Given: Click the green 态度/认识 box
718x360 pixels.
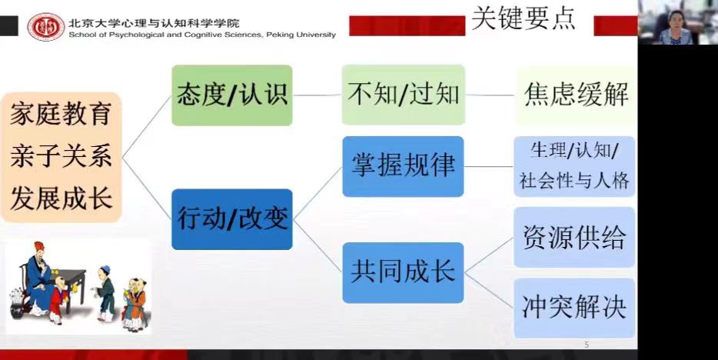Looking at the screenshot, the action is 231,95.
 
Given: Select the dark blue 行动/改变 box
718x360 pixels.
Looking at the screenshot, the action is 231,219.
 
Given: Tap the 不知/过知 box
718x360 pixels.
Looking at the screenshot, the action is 403,95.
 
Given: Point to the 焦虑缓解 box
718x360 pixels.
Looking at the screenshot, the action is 576,95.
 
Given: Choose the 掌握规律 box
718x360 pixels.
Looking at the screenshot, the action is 403,166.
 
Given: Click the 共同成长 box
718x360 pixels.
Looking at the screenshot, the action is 403,272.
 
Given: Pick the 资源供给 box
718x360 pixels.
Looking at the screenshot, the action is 574,237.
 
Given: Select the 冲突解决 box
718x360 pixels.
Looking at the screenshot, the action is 574,308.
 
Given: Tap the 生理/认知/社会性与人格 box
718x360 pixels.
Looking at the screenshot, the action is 574,166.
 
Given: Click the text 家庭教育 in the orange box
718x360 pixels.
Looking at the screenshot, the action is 61,114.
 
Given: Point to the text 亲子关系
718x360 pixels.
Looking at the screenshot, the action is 61,156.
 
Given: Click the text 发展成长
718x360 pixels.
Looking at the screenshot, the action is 61,198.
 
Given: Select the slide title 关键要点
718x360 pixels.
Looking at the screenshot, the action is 523,18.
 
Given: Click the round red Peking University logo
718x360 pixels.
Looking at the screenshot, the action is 46,27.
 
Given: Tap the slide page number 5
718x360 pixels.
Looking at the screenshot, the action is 587,345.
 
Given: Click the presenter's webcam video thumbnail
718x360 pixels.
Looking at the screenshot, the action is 678,22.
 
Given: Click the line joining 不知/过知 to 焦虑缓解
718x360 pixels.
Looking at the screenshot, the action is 490,95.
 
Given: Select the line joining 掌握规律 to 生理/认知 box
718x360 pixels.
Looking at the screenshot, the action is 489,166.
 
